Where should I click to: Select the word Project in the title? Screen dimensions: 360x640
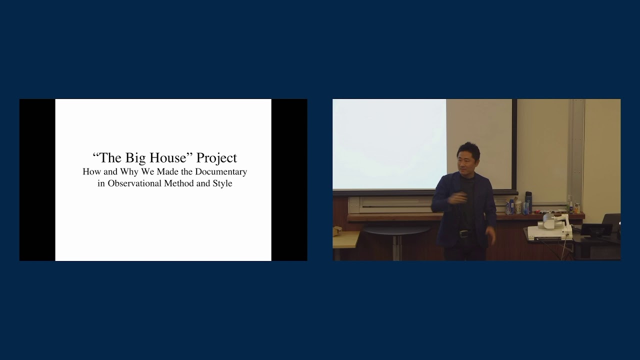(216, 157)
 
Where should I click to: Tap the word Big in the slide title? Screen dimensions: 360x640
(136, 157)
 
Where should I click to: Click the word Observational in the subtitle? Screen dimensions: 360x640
(137, 183)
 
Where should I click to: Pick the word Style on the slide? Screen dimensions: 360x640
(222, 183)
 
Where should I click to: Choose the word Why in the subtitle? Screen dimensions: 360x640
(129, 171)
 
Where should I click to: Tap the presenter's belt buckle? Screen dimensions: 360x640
(464, 233)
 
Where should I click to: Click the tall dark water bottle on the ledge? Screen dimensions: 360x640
(528, 202)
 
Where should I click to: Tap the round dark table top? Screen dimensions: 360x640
(397, 229)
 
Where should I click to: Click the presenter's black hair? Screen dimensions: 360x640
(469, 149)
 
